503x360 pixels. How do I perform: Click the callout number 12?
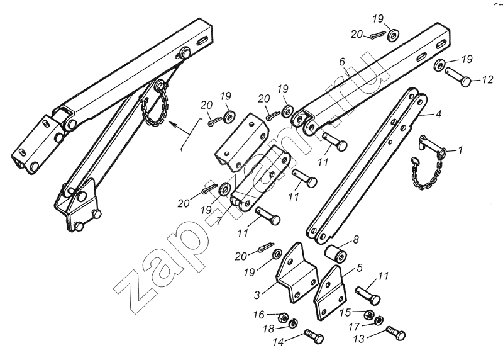coord(487,79)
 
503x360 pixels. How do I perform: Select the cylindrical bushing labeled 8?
coord(336,253)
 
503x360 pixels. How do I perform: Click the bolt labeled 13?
coord(396,334)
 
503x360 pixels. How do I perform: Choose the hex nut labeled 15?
coord(369,314)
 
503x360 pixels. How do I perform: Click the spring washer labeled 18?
coord(293,323)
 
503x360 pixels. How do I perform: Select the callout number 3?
coord(257,295)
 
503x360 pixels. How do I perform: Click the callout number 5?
coord(360,267)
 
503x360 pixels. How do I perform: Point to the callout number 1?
coord(460,150)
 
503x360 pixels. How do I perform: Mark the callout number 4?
coord(438,114)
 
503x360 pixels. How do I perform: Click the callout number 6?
coord(342,62)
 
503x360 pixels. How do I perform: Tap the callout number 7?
coord(219,222)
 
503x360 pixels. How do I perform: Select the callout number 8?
coord(355,239)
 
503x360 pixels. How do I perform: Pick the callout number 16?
coord(259,315)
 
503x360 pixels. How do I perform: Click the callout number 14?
coord(279,342)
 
